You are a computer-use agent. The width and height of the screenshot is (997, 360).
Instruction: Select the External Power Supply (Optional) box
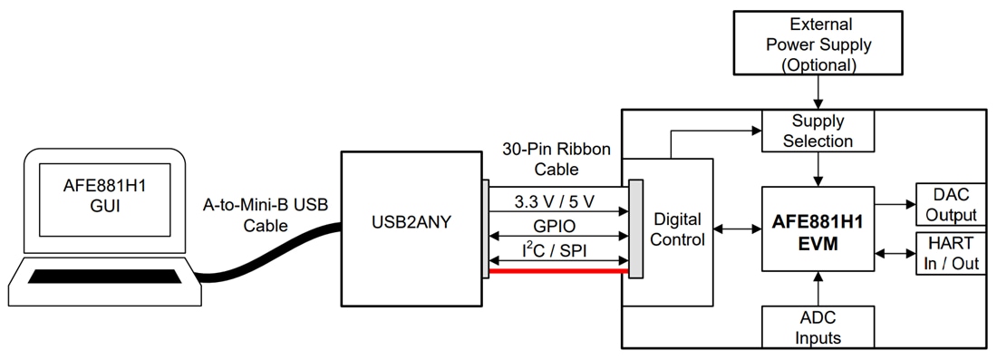(818, 44)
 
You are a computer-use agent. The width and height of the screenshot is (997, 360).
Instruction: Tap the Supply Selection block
(818, 131)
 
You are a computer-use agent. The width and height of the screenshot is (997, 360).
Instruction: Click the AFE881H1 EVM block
(818, 229)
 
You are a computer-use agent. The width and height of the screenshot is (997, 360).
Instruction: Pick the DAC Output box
(951, 204)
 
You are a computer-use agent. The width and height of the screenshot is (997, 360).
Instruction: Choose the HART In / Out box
(951, 254)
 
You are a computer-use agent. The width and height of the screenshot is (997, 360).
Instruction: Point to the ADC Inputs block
(818, 327)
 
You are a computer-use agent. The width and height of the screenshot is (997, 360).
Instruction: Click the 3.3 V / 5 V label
(557, 199)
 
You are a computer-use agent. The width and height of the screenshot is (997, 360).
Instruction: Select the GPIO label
(557, 225)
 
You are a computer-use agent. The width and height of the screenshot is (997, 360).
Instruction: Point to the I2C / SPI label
(557, 249)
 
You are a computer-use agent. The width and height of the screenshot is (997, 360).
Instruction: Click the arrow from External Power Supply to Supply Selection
(818, 92)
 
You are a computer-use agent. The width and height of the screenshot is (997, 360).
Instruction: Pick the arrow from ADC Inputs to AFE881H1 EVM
(818, 288)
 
